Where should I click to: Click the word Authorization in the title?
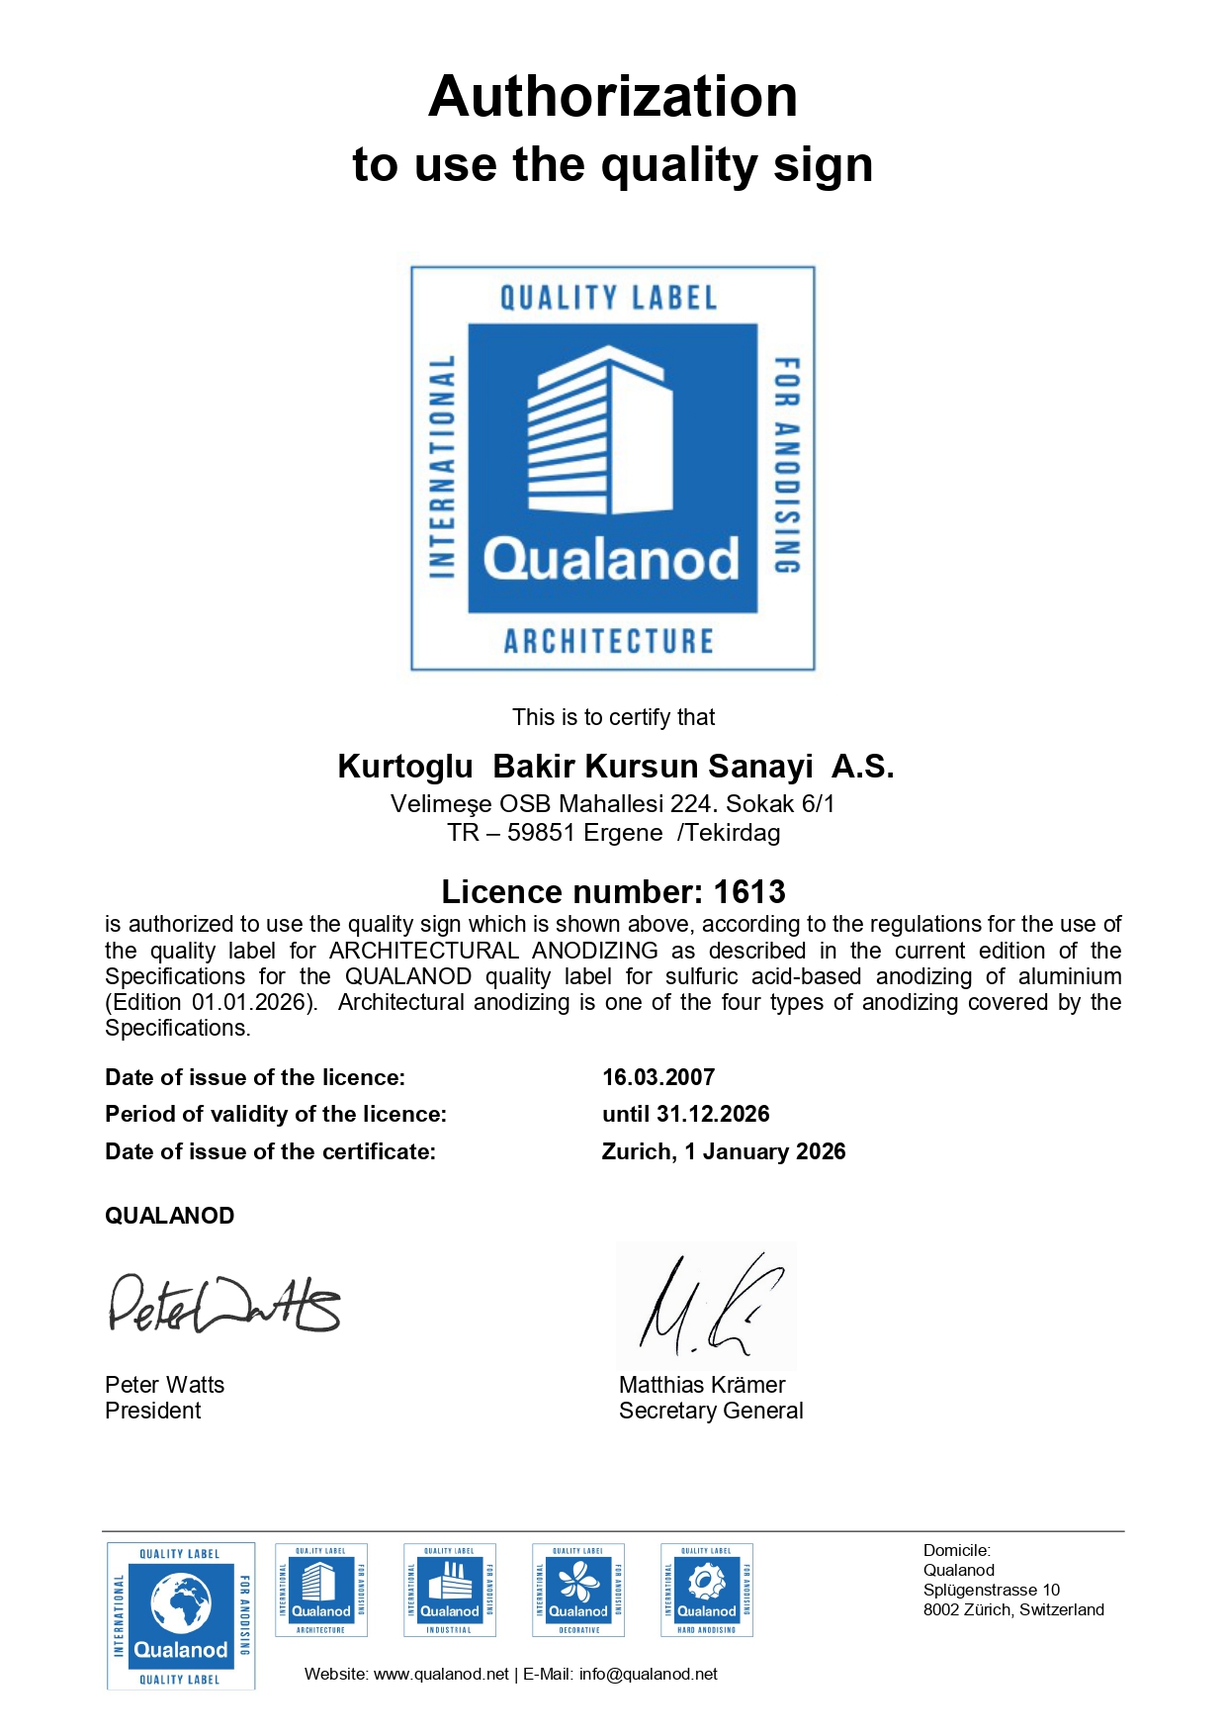pos(612,97)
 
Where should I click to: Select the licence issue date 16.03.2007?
pos(657,1077)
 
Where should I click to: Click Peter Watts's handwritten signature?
pos(223,1304)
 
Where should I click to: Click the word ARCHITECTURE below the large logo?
pos(609,641)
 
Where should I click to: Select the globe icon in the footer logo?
pos(180,1602)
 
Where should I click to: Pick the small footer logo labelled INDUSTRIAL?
pos(450,1590)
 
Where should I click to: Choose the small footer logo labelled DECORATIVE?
pos(578,1590)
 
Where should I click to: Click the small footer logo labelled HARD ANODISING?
pos(707,1590)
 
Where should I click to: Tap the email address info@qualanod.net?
pos(648,1674)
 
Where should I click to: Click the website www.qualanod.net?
pos(441,1674)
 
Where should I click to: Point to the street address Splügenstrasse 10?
pos(991,1590)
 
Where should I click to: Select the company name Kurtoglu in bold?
pos(405,767)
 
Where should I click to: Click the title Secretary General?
pos(711,1411)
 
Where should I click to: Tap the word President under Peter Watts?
pos(153,1411)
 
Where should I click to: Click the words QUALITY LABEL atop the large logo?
pos(608,298)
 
